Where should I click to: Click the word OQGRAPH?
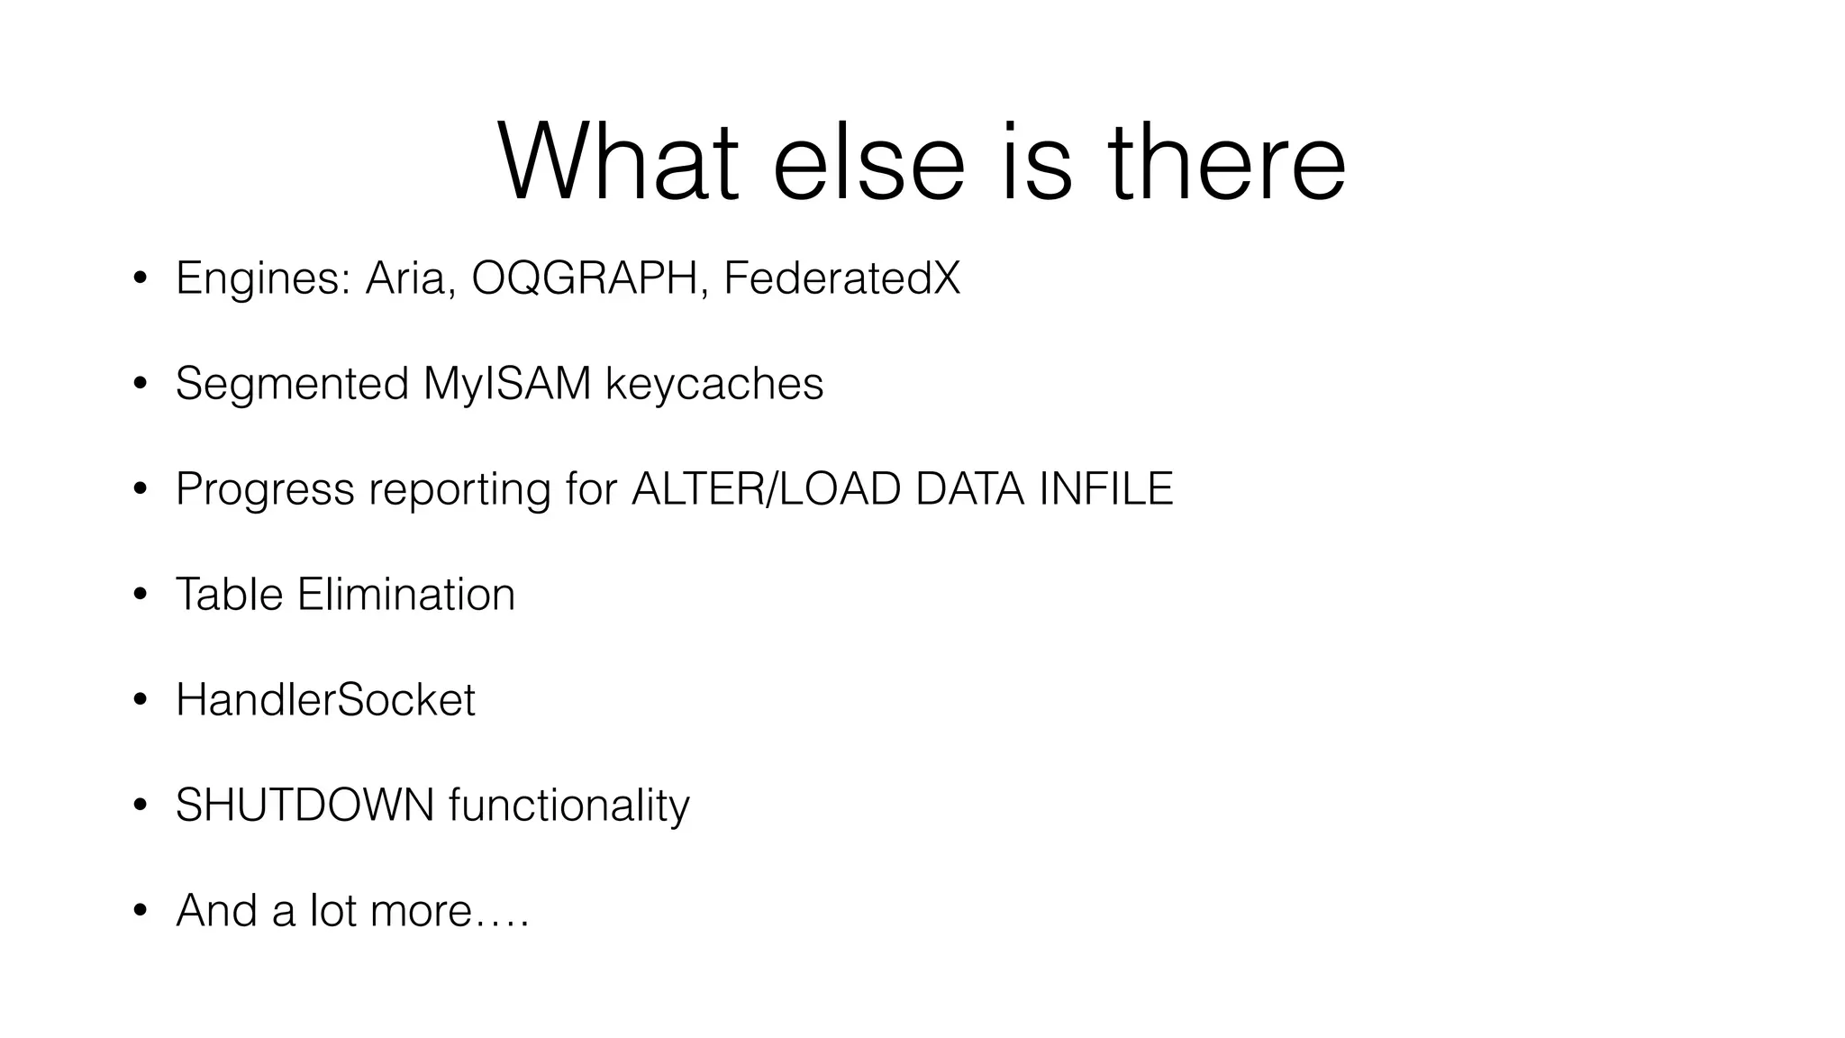pos(585,278)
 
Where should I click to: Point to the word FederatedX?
pos(841,278)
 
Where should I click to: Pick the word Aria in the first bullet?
pos(404,278)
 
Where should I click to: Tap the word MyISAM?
pos(507,384)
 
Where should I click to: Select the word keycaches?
pos(714,384)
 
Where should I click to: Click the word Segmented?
pos(292,384)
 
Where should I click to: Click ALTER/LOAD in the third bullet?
pos(767,489)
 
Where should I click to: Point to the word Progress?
pos(265,489)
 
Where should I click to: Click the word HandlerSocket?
pos(325,700)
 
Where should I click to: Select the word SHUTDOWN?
pos(304,806)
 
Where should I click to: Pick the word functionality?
pos(568,806)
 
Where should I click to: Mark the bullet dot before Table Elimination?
pos(140,596)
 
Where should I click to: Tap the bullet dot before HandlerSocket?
pos(140,701)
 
